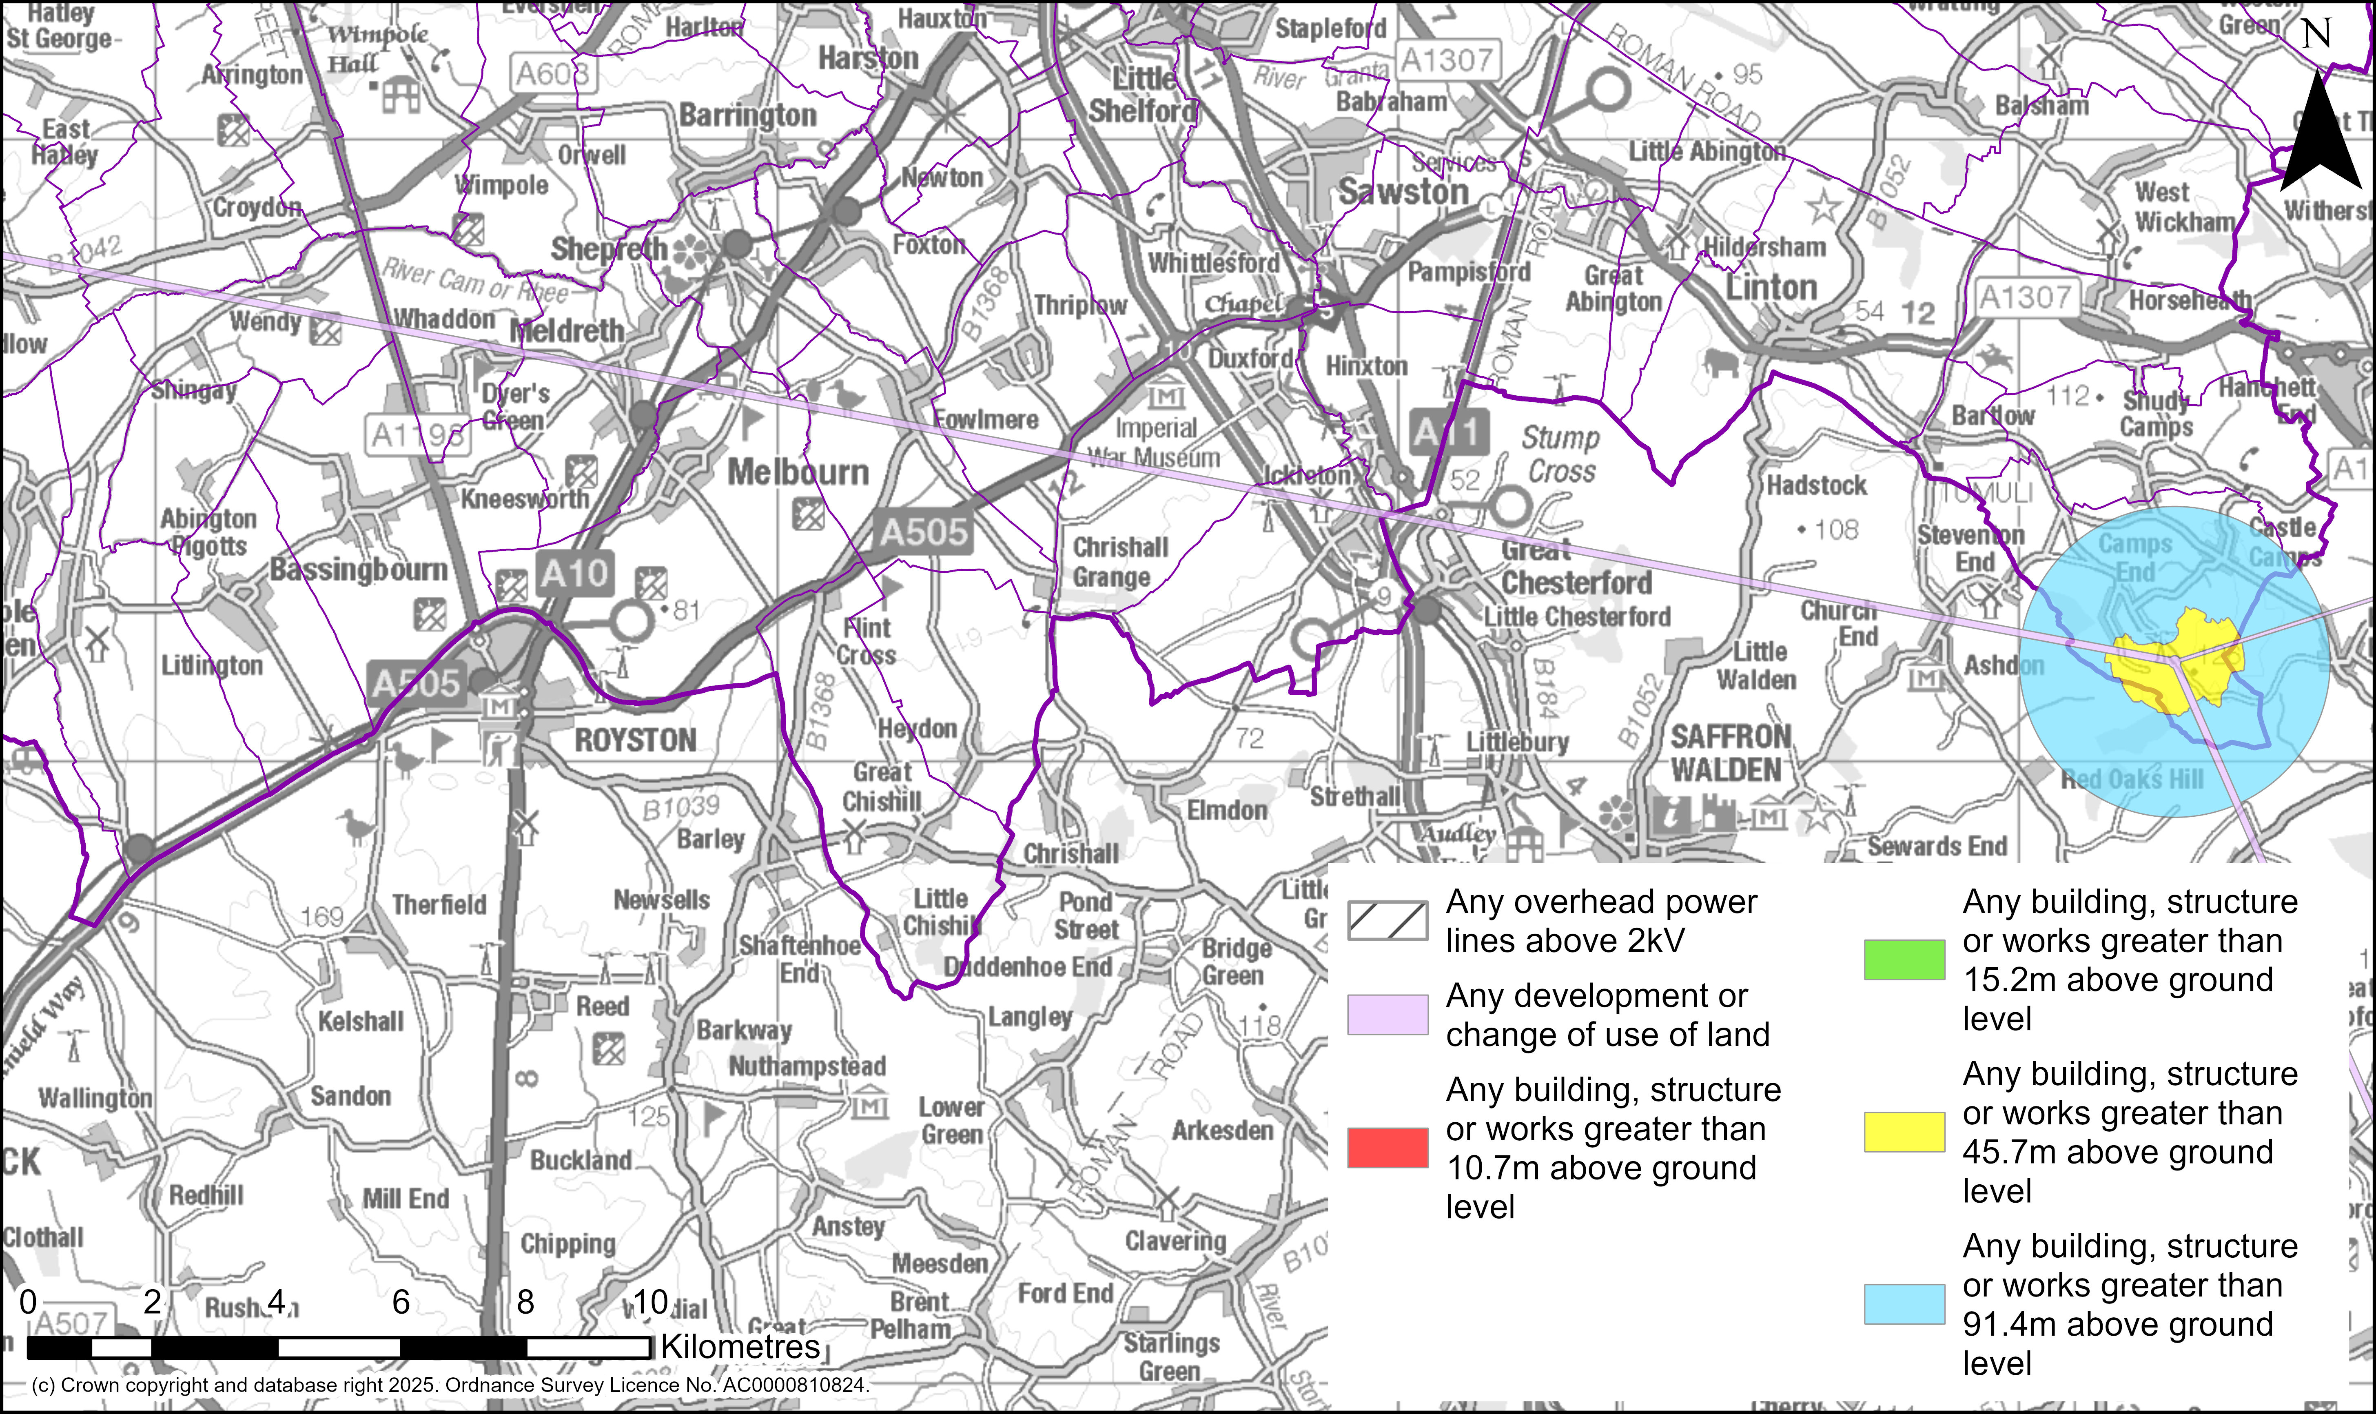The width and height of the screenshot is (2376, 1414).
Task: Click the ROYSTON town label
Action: point(636,740)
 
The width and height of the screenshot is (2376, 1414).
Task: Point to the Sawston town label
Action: point(1403,191)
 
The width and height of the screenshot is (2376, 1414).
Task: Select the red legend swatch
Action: point(1387,1147)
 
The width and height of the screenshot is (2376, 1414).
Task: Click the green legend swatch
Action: point(1904,960)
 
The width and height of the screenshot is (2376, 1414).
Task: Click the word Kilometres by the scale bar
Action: point(740,1346)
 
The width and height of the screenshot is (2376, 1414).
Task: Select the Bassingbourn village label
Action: point(358,570)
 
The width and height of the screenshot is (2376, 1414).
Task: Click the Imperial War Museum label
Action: point(1155,443)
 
